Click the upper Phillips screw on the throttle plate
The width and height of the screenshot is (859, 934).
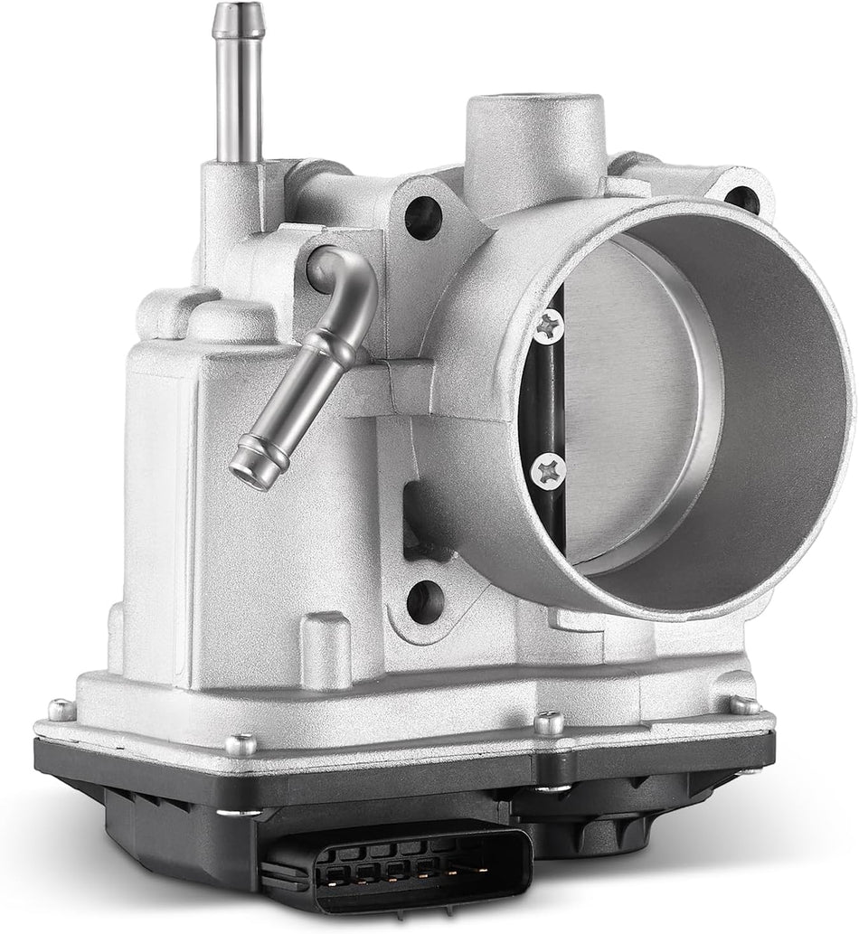(547, 325)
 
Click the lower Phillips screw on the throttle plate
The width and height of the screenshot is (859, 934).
(548, 468)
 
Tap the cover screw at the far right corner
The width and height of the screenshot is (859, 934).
(745, 704)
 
